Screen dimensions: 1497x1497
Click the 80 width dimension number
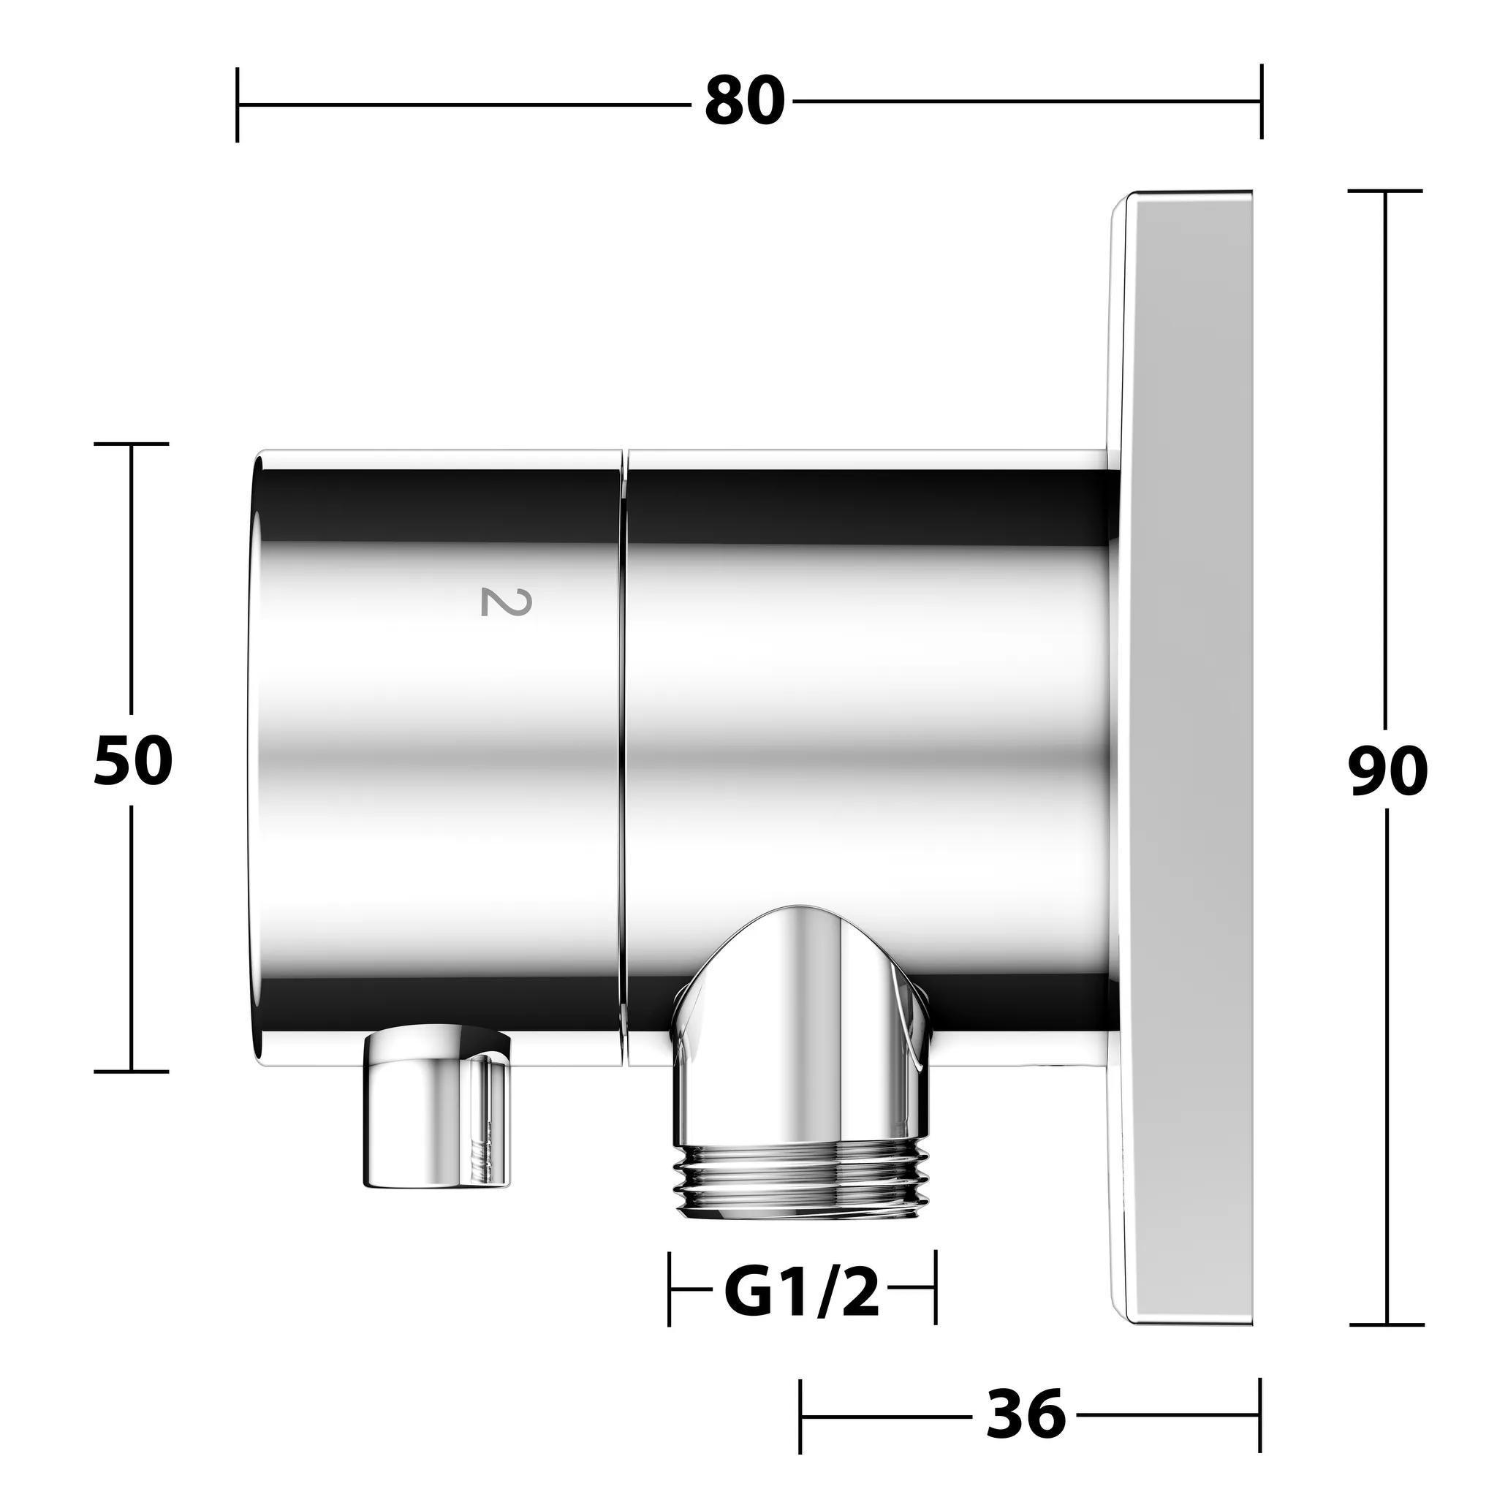click(x=745, y=102)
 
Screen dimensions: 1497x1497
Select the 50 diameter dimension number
click(x=132, y=761)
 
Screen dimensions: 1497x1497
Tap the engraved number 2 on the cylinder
click(x=506, y=602)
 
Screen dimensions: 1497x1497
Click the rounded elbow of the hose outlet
click(x=802, y=1023)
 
